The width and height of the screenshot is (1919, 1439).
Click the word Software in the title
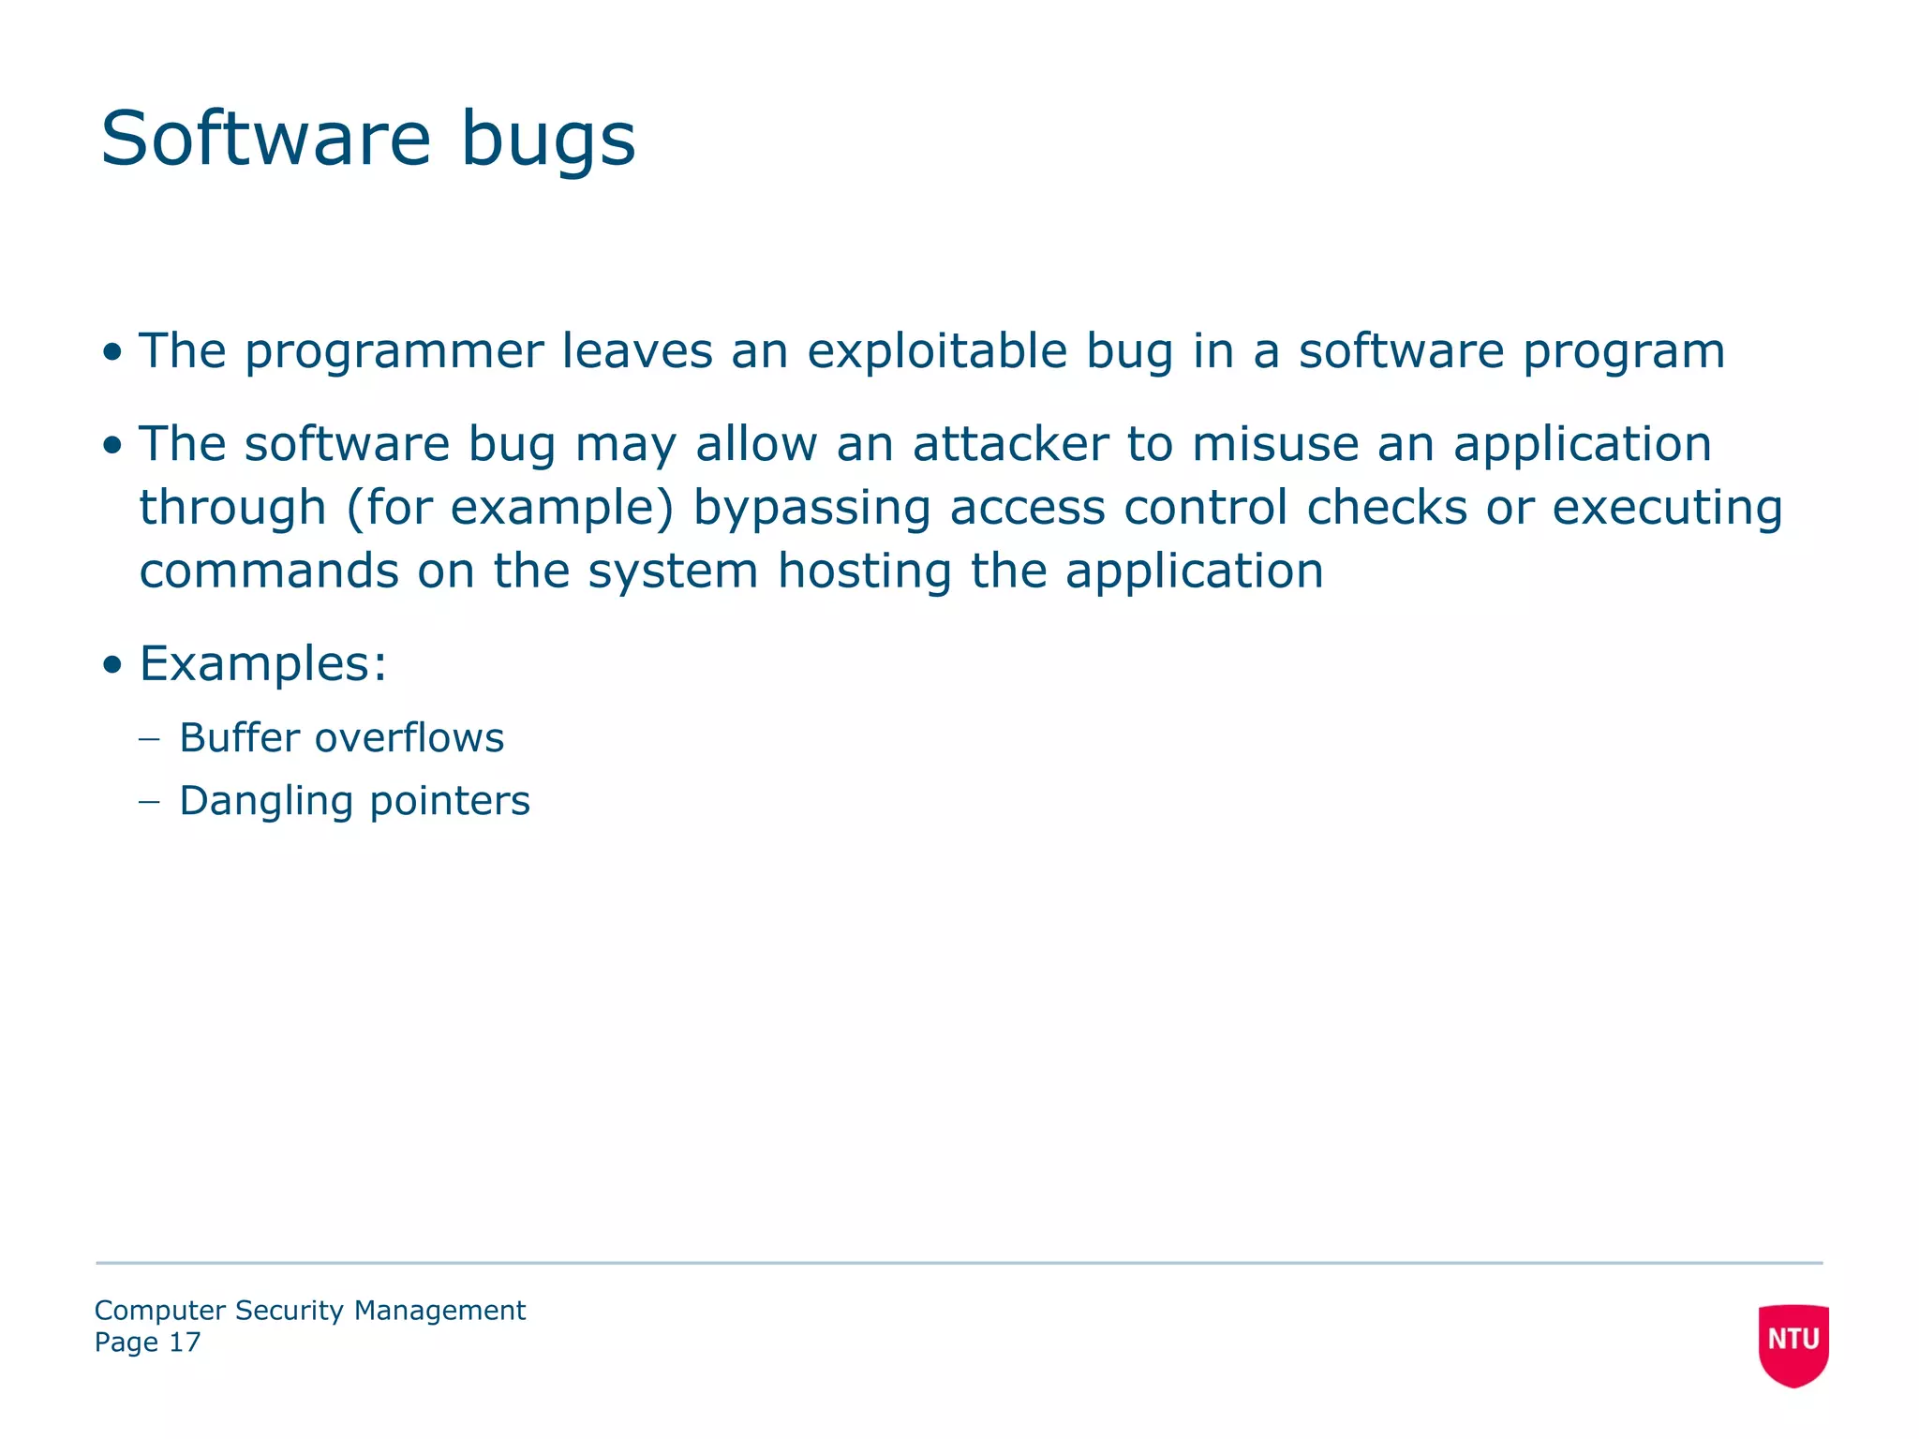click(265, 139)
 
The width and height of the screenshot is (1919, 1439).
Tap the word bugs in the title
click(548, 141)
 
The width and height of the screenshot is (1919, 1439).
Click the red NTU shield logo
click(1793, 1343)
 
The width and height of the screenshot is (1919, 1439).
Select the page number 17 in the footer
click(185, 1343)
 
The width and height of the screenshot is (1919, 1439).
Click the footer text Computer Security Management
click(310, 1310)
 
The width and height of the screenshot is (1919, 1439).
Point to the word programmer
click(394, 353)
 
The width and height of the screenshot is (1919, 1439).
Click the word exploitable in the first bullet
click(936, 351)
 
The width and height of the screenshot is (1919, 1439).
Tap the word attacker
click(1010, 444)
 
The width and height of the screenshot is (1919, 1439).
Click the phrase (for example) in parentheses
click(510, 509)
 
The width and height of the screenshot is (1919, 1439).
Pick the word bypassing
click(811, 509)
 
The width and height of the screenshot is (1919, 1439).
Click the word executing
click(1667, 509)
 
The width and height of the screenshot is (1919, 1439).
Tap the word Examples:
click(263, 664)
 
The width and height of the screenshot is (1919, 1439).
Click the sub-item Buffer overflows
click(341, 738)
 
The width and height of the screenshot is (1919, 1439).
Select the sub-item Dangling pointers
click(354, 801)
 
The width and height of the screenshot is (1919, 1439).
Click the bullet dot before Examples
click(112, 665)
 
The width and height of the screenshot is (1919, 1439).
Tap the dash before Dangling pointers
click(149, 801)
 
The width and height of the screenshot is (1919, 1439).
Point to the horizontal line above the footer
click(959, 1263)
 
